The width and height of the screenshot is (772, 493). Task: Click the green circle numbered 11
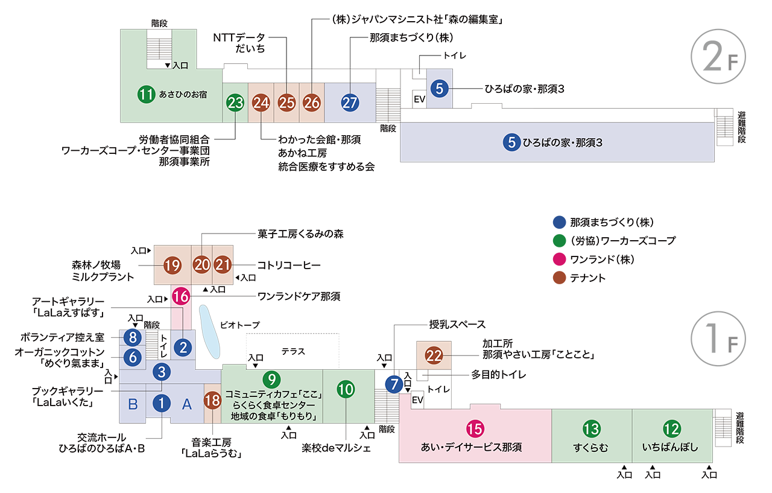click(146, 94)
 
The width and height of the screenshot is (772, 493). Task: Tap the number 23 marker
click(235, 103)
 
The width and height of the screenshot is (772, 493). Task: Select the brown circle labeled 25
click(286, 103)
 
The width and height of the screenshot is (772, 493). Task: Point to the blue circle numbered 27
click(350, 103)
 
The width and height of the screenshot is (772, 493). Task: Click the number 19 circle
click(172, 264)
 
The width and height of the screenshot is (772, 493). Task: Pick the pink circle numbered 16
click(181, 296)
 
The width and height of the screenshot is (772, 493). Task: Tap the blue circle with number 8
click(133, 337)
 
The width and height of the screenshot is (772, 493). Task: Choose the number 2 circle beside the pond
click(182, 347)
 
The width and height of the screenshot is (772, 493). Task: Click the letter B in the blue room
click(133, 404)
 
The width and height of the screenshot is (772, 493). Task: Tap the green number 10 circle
click(346, 390)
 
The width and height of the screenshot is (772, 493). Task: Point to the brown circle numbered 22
click(434, 355)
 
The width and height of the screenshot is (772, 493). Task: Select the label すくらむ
click(591, 448)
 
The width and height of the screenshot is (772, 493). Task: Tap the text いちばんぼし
click(670, 448)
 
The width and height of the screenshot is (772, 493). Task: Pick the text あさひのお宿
click(188, 94)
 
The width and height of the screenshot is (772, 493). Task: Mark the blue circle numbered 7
click(393, 384)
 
